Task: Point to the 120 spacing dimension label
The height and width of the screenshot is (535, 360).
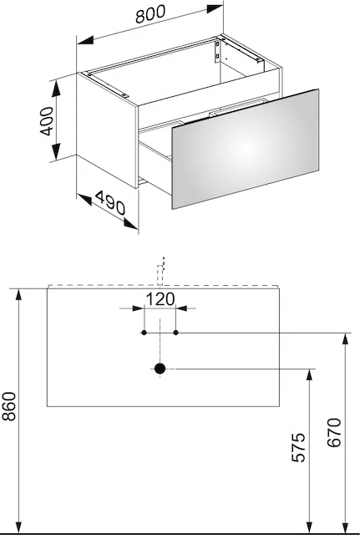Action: pos(160,298)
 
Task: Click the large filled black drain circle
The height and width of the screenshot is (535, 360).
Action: pos(160,369)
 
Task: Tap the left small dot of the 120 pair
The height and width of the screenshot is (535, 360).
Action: pos(145,333)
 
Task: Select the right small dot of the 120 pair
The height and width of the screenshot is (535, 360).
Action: pos(176,333)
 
